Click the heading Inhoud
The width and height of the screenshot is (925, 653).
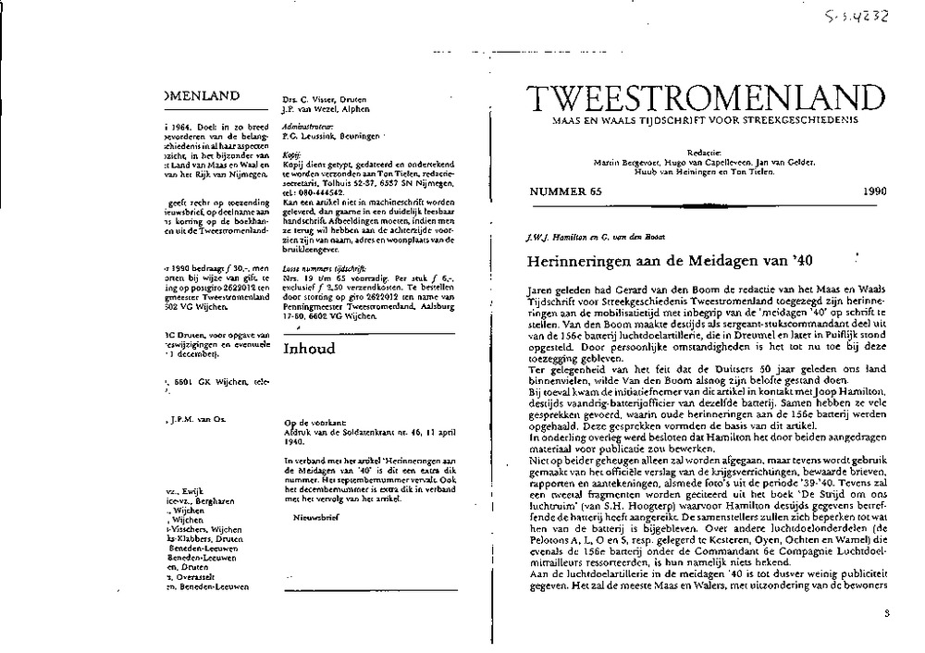click(309, 350)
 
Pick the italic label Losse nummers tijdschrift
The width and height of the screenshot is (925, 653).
click(318, 240)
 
